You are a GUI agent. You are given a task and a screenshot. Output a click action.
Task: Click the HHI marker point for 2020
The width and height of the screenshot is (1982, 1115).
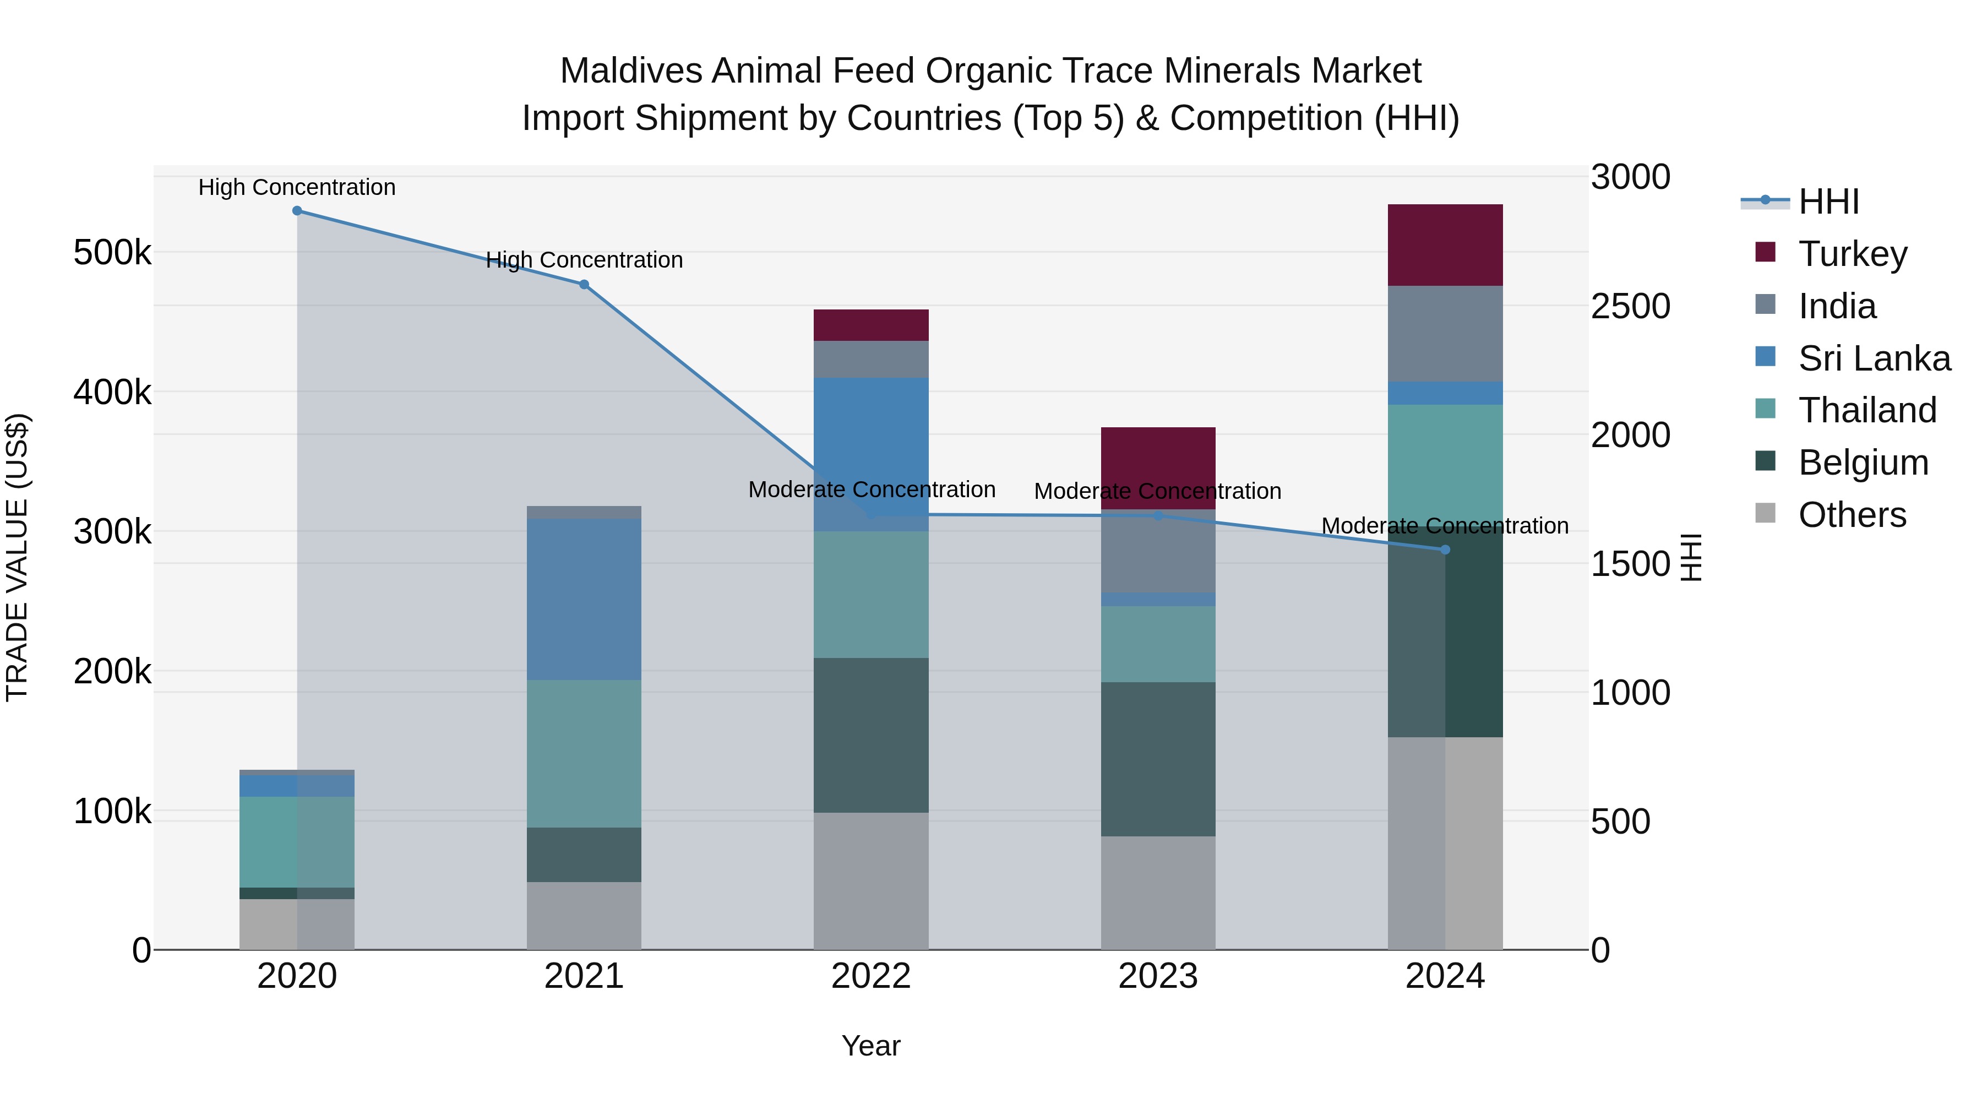(x=297, y=211)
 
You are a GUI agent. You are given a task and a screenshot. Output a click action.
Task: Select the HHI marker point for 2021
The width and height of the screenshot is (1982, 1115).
(x=584, y=285)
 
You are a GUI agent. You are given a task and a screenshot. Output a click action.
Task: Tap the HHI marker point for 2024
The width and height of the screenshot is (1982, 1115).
(x=1445, y=550)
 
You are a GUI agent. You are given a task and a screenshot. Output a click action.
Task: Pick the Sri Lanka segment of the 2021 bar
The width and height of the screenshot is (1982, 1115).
(x=584, y=599)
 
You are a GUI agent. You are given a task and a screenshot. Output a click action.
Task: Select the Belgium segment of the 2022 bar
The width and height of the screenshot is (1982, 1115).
(x=871, y=735)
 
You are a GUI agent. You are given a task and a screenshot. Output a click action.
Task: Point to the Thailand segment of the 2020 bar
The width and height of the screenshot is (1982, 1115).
(x=297, y=842)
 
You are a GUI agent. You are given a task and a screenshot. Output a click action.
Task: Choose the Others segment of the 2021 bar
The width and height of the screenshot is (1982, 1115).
(x=584, y=916)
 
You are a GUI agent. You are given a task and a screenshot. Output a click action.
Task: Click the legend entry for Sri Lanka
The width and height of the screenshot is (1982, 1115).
(x=1874, y=358)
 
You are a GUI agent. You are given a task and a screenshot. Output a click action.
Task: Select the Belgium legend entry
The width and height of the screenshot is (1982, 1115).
(x=1863, y=463)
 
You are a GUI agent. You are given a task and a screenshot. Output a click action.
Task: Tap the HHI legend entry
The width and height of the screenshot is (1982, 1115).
(x=1828, y=202)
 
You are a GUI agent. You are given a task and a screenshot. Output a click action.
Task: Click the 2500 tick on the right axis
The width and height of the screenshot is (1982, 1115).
(x=1630, y=306)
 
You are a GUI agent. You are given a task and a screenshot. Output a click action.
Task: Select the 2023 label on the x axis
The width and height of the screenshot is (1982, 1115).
(x=1158, y=976)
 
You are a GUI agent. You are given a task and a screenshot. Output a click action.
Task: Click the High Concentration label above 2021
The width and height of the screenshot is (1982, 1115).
(x=584, y=260)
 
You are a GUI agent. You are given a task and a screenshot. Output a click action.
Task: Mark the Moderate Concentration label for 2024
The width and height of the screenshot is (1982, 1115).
(x=1445, y=526)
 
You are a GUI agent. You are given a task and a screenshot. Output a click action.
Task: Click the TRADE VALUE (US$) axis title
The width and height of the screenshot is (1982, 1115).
(x=17, y=557)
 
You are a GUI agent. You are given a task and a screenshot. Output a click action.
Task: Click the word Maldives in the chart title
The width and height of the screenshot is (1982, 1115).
(x=631, y=71)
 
